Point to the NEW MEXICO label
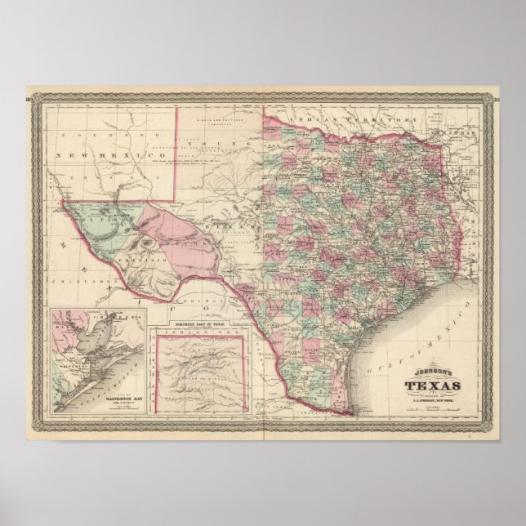tap(87, 155)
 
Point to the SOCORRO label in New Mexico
tap(90, 131)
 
